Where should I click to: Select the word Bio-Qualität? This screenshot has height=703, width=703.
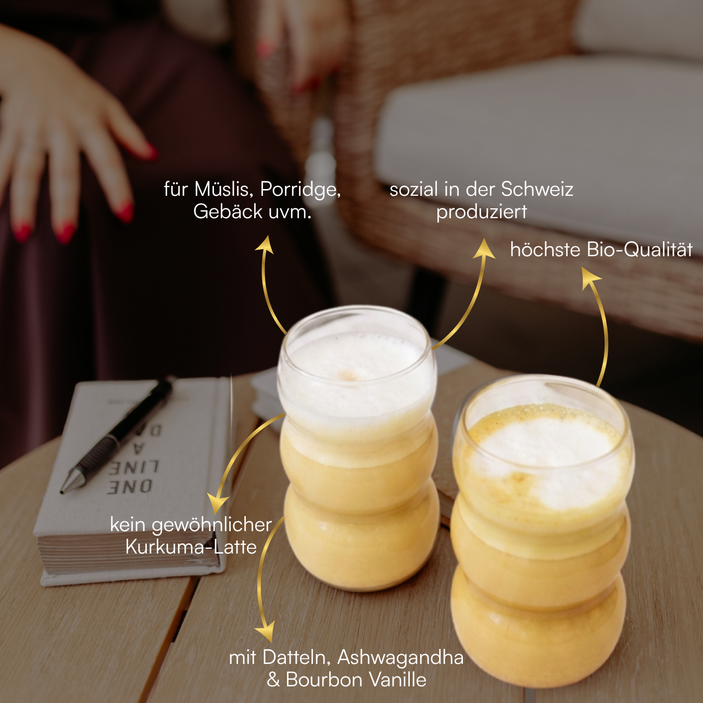pos(639,250)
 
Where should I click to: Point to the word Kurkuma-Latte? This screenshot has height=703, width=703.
pos(191,547)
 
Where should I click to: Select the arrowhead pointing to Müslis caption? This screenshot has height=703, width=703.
pos(266,244)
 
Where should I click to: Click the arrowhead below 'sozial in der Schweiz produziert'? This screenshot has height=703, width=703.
pos(484,248)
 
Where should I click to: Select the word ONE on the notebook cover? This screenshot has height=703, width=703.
pos(130,487)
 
